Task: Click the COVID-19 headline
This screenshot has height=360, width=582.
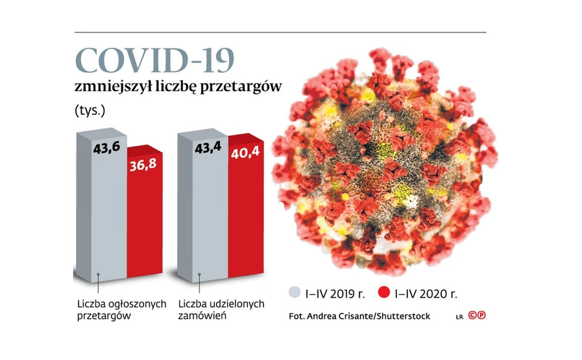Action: click(x=158, y=61)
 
